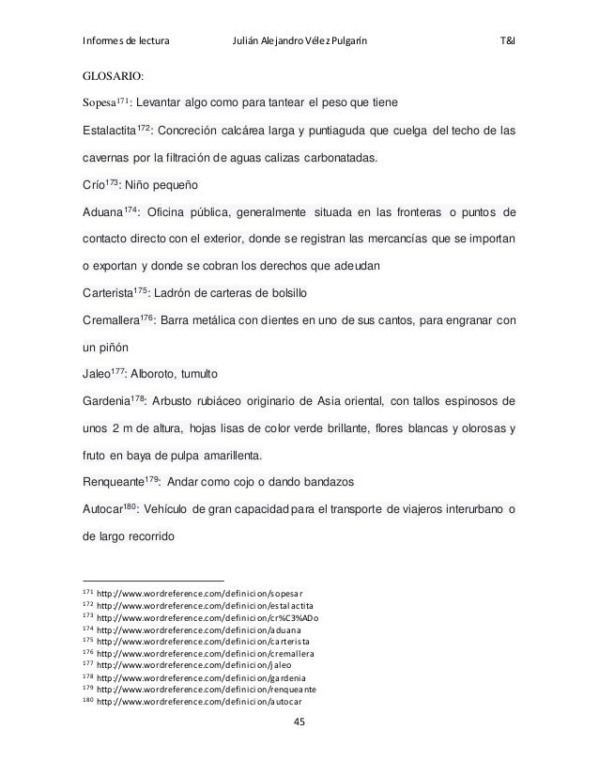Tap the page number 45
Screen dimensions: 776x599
(x=299, y=721)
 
